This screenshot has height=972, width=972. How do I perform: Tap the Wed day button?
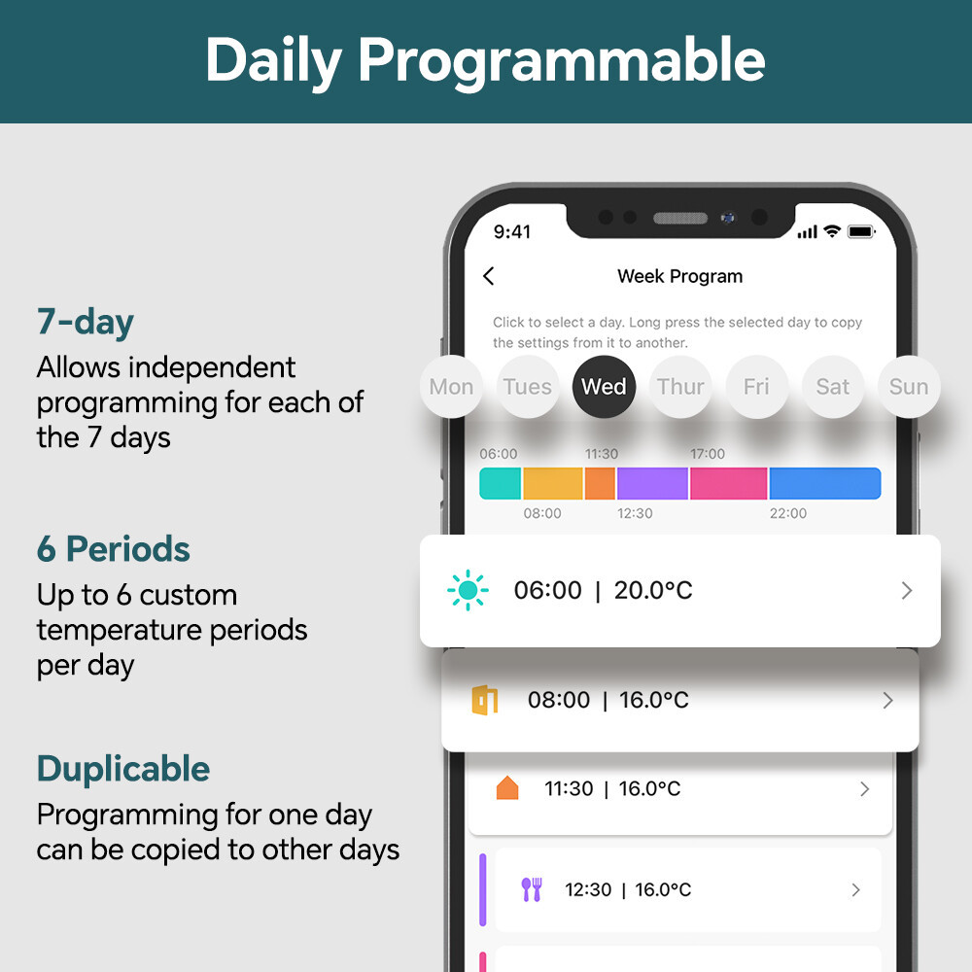click(604, 387)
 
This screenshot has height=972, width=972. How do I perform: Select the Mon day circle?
click(451, 387)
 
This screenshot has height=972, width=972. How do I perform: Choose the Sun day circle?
click(909, 387)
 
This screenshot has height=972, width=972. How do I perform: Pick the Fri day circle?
click(756, 387)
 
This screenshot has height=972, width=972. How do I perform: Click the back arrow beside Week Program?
click(489, 276)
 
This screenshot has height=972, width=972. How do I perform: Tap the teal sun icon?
click(469, 590)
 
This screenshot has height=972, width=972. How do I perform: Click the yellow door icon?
click(485, 700)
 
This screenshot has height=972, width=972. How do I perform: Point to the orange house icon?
click(507, 788)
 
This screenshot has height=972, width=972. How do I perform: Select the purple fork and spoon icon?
click(532, 889)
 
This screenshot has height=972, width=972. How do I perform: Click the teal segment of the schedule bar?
click(501, 483)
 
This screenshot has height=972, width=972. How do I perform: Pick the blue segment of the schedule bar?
click(824, 483)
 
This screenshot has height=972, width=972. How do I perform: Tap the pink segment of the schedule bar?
click(728, 483)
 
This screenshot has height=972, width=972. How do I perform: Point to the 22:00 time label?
click(788, 513)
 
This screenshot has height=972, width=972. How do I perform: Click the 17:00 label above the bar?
click(708, 454)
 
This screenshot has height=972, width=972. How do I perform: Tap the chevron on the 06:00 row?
click(907, 590)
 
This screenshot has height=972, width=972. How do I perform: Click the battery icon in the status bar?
click(861, 232)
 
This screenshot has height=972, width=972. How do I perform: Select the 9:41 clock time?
click(512, 232)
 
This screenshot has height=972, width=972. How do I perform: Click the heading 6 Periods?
click(114, 549)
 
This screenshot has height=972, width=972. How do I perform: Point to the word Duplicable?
click(123, 769)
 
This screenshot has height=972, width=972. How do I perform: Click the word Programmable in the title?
click(562, 60)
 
